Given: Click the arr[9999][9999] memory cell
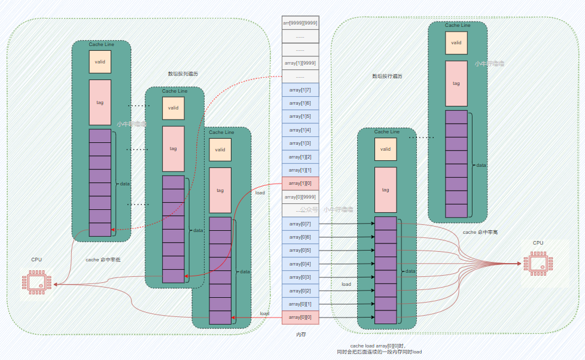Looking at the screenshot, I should pos(300,23).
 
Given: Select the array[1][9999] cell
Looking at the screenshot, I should pos(300,63).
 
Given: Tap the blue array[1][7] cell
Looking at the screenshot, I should pos(300,90).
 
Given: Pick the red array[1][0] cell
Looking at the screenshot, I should pos(300,184).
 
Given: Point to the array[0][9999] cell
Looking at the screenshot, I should pos(300,197).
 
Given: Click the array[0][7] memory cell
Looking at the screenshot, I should pos(300,224).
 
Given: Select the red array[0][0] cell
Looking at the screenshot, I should pos(300,318).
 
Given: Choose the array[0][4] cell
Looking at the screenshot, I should pos(300,264).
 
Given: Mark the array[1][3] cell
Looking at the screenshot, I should pos(300,144).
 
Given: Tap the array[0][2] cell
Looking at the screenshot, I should pos(300,291).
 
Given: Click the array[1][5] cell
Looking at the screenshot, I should pos(300,117).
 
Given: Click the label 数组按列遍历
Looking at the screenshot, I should pos(183,74).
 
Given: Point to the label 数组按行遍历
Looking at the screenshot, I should pos(387,77).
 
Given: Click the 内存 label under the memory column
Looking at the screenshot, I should pos(301,335).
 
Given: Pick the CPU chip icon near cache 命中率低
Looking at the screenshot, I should pos(37,282).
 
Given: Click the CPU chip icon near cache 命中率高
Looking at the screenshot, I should pos(538,263).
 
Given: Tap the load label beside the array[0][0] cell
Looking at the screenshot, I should pos(264,313).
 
